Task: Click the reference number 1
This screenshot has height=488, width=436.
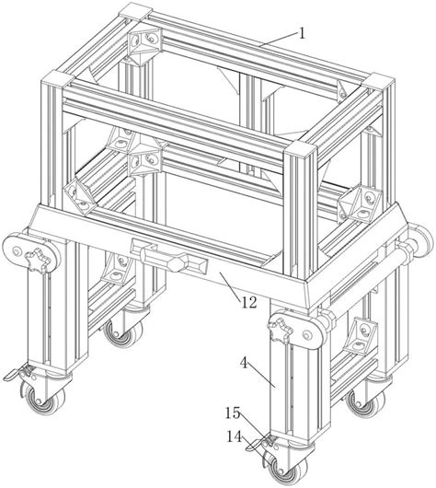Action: [302, 33]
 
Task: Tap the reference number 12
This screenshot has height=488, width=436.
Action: [249, 302]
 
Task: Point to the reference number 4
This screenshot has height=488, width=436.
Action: [245, 363]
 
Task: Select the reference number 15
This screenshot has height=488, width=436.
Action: [234, 413]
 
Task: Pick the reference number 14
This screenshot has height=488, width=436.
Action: [235, 437]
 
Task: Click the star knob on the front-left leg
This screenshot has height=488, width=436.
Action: [38, 260]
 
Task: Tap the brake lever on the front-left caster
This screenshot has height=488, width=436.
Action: [16, 373]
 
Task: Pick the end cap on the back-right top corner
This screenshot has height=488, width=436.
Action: [379, 82]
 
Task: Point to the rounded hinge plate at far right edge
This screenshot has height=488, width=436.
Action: [422, 238]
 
